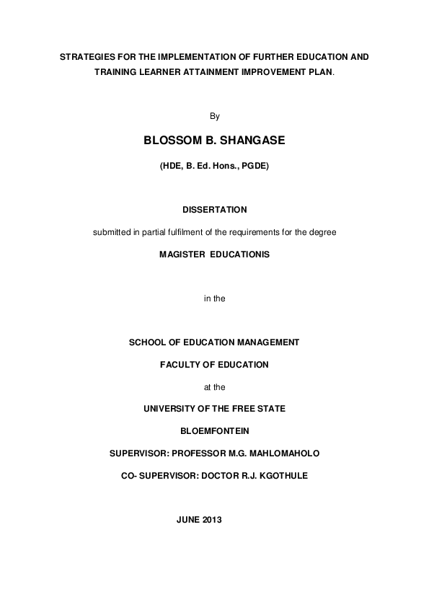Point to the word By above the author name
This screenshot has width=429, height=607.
click(x=213, y=115)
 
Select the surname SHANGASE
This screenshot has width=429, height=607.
click(x=251, y=139)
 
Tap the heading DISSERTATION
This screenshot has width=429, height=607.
click(x=214, y=210)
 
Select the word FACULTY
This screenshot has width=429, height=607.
click(x=181, y=365)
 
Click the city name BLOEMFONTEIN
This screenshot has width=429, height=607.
click(x=214, y=431)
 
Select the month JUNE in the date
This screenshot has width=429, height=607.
click(x=189, y=520)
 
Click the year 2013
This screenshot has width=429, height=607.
click(x=213, y=520)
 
